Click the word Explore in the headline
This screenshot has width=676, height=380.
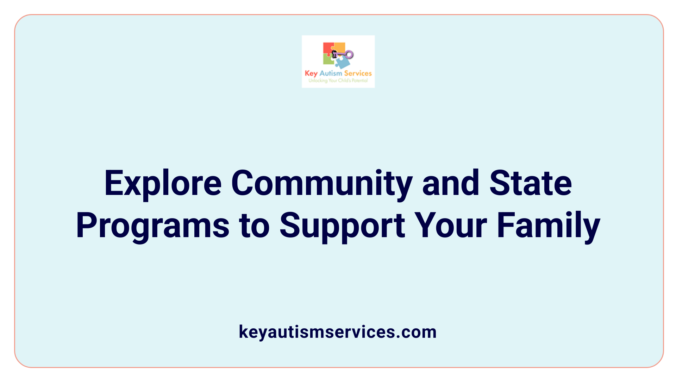tap(163, 184)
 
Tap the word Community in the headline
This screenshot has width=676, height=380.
tap(321, 184)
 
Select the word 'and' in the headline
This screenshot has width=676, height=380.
tap(451, 184)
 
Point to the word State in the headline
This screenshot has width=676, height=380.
tap(531, 184)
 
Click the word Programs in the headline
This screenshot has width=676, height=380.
tap(152, 226)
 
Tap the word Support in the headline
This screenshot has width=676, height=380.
tap(342, 226)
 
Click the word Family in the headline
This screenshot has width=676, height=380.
tap(549, 226)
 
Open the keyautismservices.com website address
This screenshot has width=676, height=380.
tap(338, 332)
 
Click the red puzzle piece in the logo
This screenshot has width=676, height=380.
tap(328, 49)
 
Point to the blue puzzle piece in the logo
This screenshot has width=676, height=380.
tap(343, 63)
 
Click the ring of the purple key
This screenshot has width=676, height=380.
tap(349, 55)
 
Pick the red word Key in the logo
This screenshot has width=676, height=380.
tap(311, 74)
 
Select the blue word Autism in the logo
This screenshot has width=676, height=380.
tap(331, 74)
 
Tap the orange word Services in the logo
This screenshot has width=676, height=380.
tap(358, 74)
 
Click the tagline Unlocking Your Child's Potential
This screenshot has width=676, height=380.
tap(338, 81)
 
